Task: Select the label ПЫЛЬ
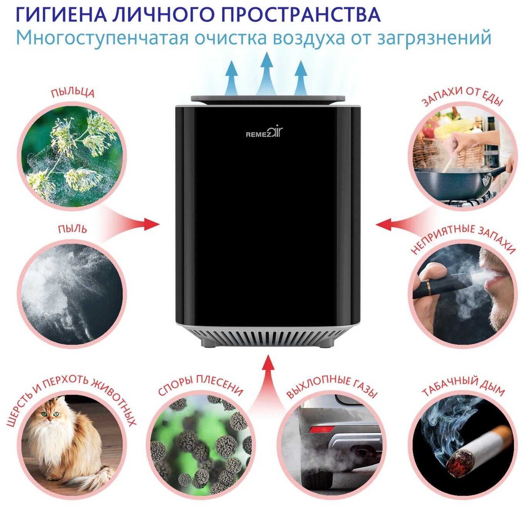point(72,229)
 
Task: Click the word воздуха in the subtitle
point(308,38)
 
